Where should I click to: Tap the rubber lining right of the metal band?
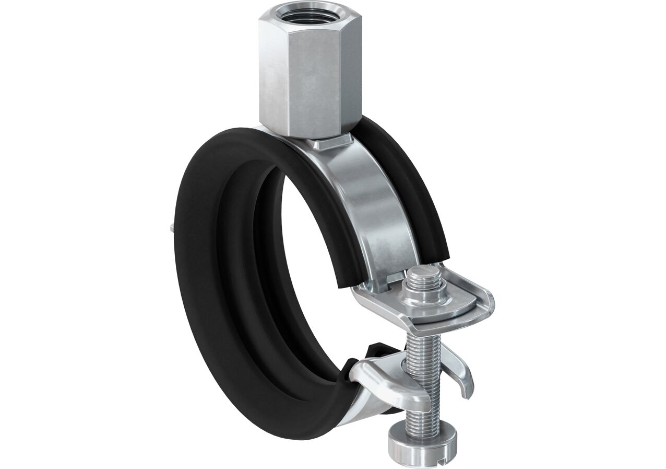click(412, 193)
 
